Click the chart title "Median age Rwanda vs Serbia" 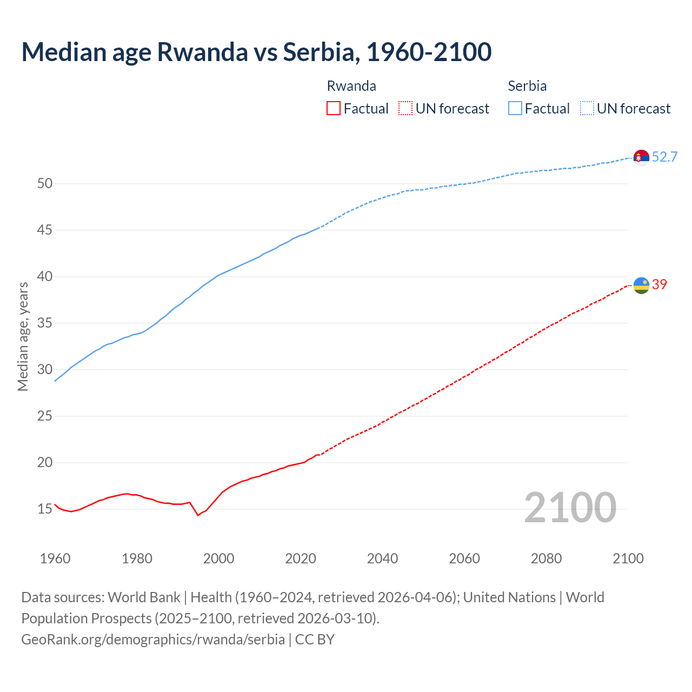(256, 52)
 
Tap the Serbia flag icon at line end (641, 157)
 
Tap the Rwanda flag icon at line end (641, 285)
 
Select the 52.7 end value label (664, 157)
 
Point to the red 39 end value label (660, 284)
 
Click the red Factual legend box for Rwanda (334, 109)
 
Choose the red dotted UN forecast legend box (405, 109)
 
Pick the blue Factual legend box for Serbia (515, 109)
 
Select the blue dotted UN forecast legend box (587, 109)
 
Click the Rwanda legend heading (351, 86)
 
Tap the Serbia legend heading (527, 86)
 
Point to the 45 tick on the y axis (45, 230)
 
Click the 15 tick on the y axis (45, 509)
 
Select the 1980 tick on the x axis (137, 558)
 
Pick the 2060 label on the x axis (464, 558)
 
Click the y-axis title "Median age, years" (23, 336)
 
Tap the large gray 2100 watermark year (570, 508)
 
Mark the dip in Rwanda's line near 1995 (198, 515)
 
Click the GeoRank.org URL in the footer (153, 640)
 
